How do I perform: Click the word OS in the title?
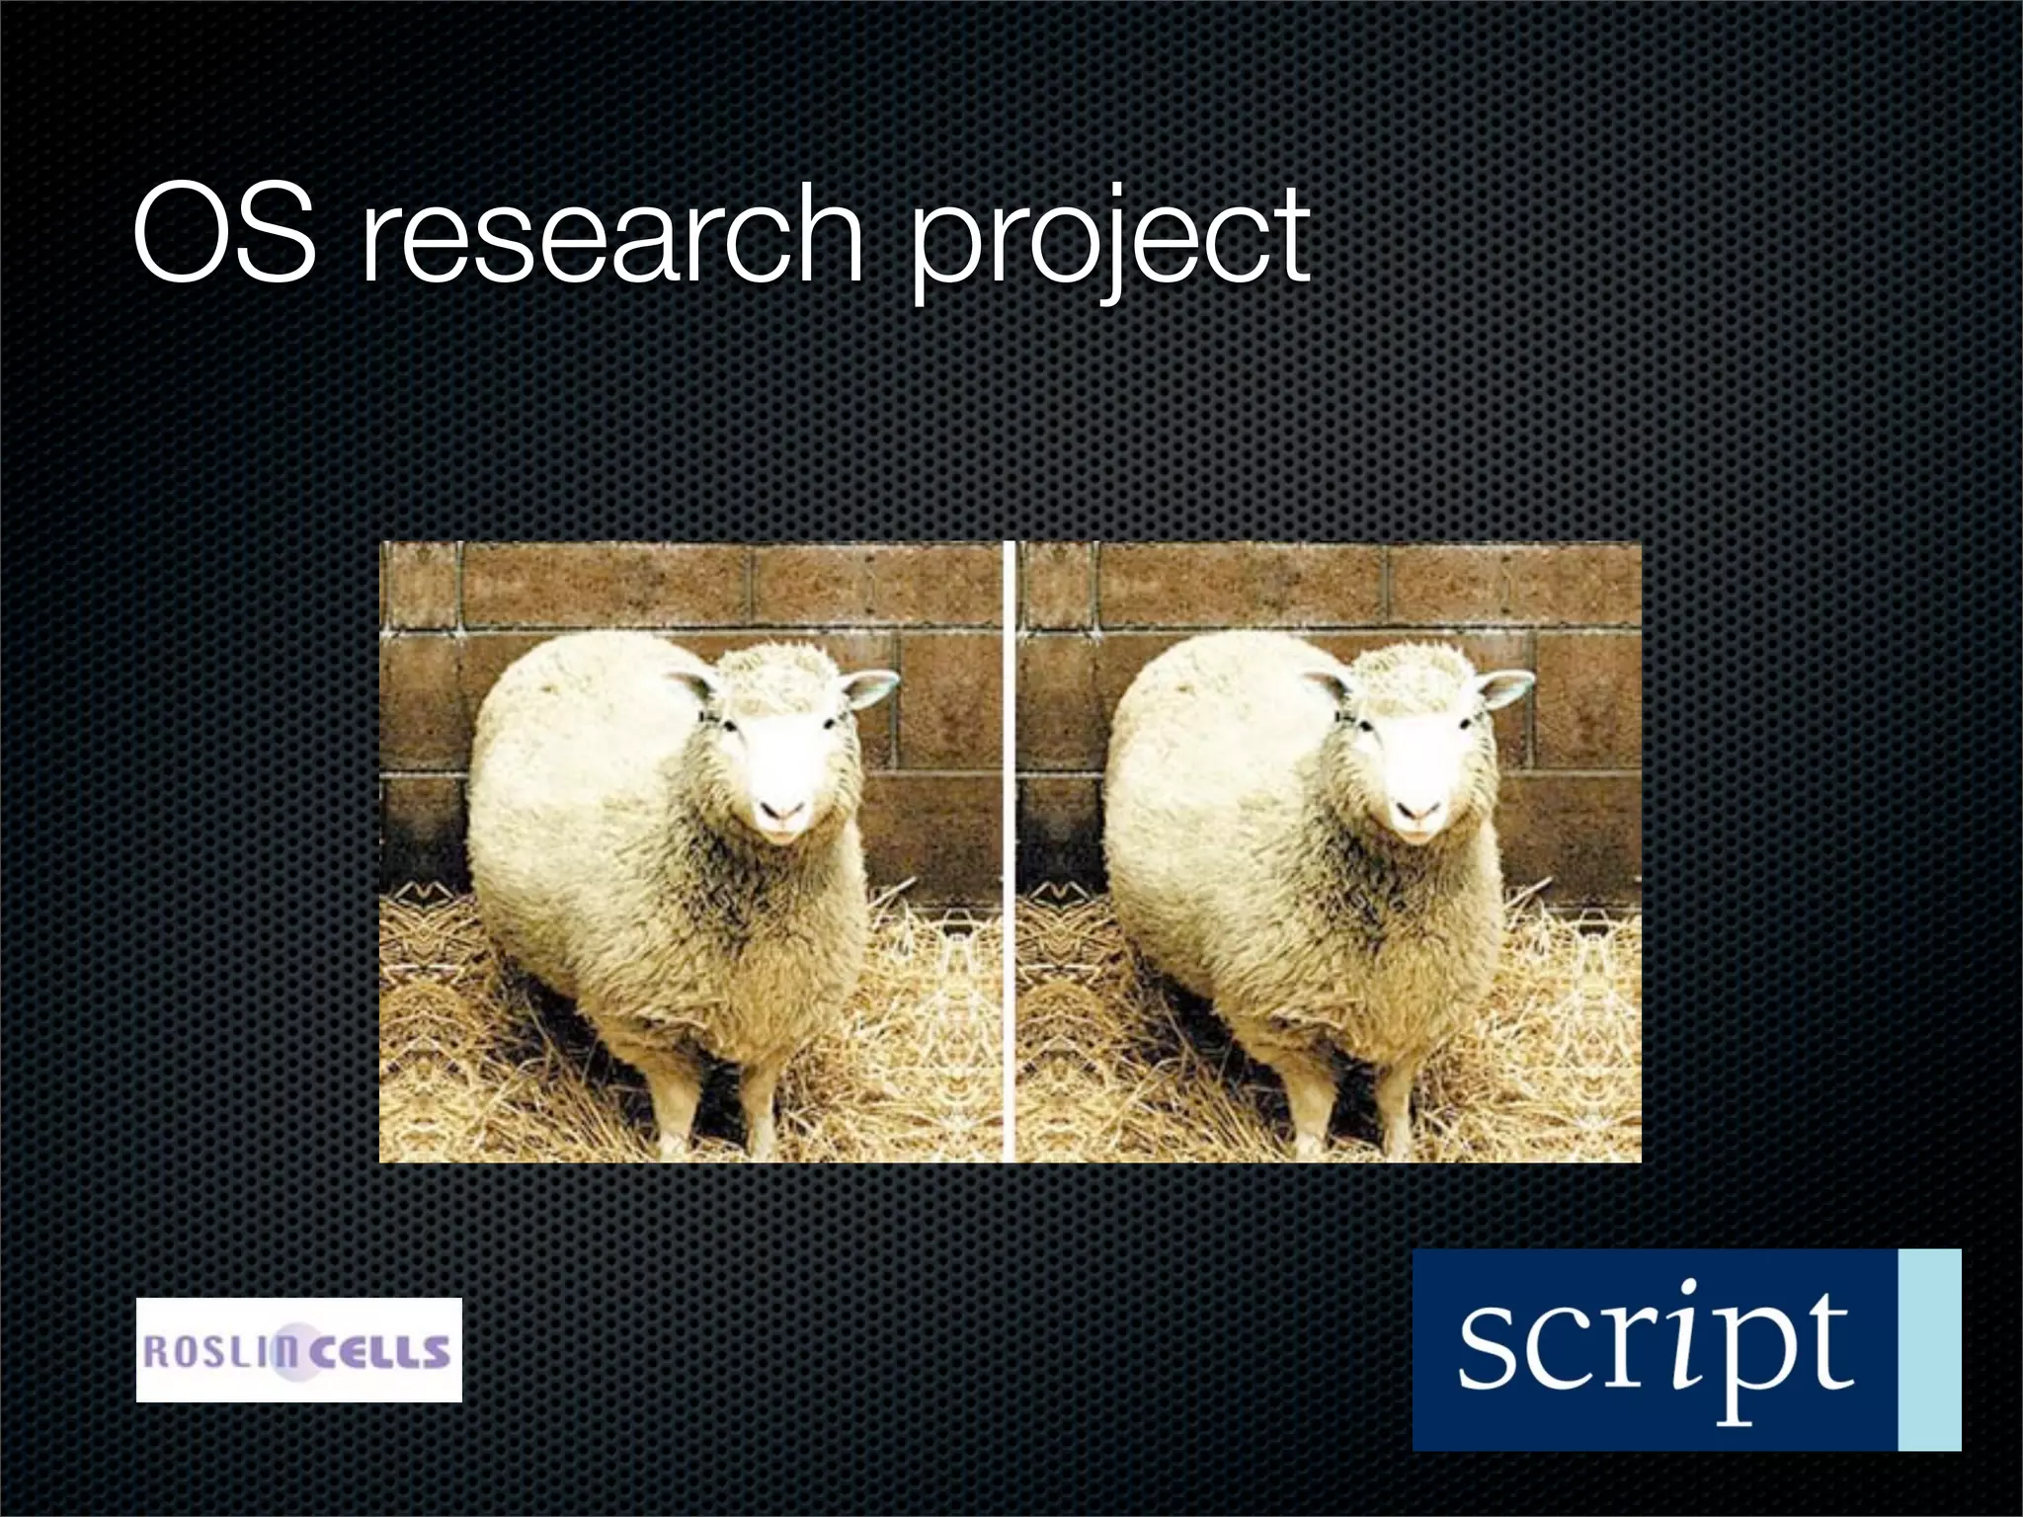[225, 233]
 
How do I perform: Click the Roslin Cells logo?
[298, 1350]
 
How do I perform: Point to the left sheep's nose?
[782, 812]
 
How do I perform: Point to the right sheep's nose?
[1418, 812]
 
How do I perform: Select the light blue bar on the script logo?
[1929, 1349]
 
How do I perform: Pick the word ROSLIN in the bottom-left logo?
[213, 1351]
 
